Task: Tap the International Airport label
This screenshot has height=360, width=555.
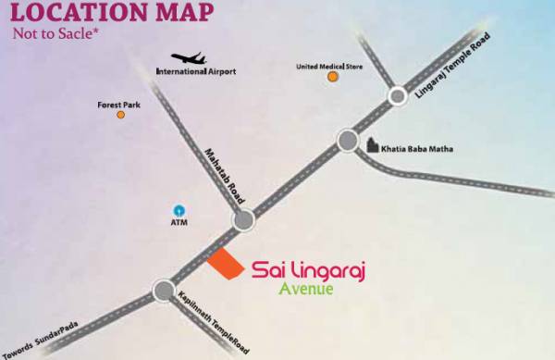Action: (x=196, y=72)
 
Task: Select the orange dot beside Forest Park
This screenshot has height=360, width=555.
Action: (x=120, y=115)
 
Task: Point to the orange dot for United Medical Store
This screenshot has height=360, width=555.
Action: (x=332, y=77)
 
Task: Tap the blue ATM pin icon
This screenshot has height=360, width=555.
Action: (x=179, y=209)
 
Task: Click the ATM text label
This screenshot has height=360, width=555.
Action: (x=179, y=222)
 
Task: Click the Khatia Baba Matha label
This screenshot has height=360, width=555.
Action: (x=422, y=148)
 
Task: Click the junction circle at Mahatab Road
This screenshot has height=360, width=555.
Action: (x=243, y=219)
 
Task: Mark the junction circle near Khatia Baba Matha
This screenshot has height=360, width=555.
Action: (x=348, y=141)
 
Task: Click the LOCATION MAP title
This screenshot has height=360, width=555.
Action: (x=110, y=15)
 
